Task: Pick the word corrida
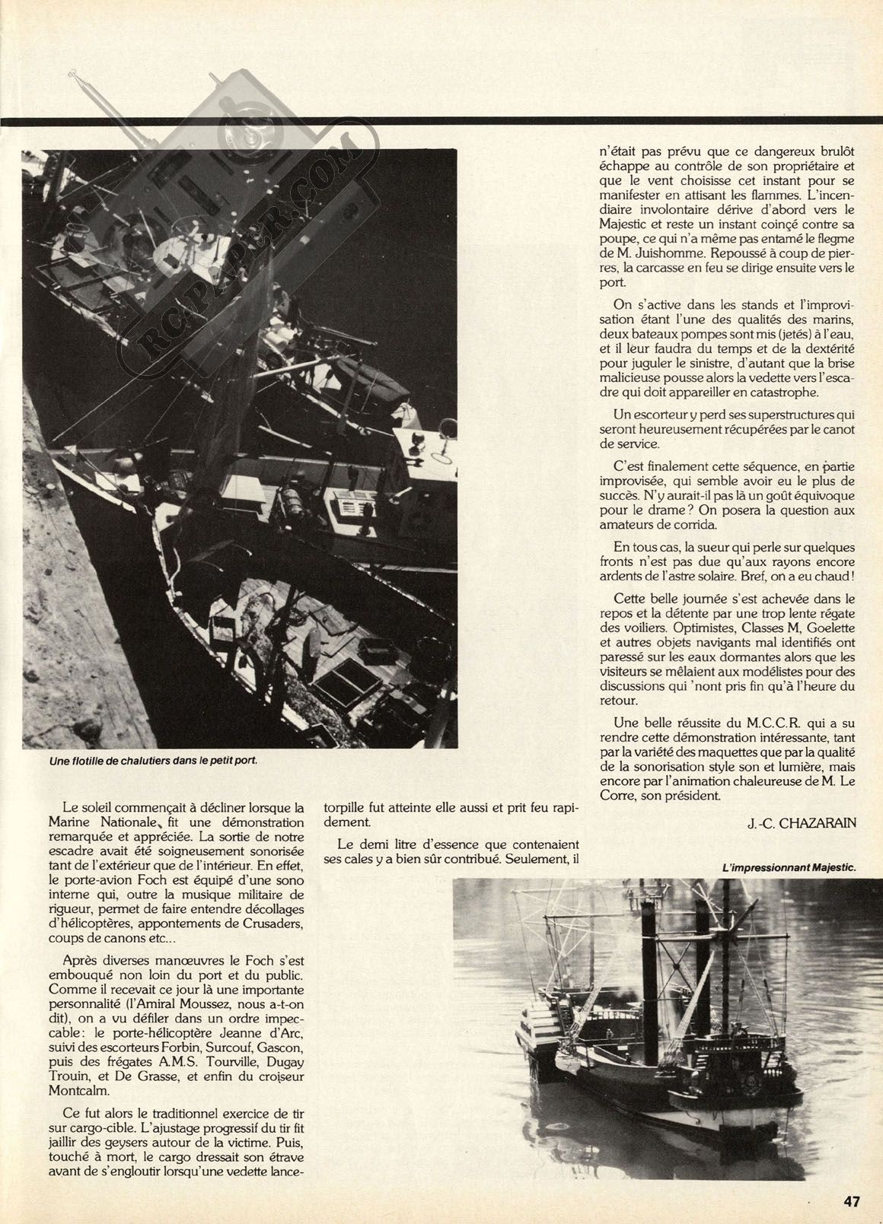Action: [688, 525]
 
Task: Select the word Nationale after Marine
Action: [126, 822]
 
